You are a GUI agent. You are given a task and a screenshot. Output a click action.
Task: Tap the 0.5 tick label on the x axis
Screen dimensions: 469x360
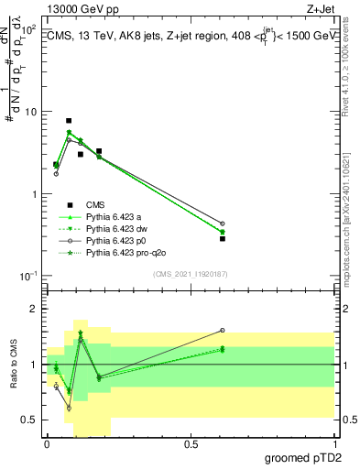[191, 442]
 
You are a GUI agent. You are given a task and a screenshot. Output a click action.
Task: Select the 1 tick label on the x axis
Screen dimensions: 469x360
[334, 442]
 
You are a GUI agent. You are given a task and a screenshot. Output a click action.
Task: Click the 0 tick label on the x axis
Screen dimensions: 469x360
[47, 442]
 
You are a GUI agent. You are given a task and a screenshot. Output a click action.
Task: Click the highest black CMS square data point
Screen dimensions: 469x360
[69, 121]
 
